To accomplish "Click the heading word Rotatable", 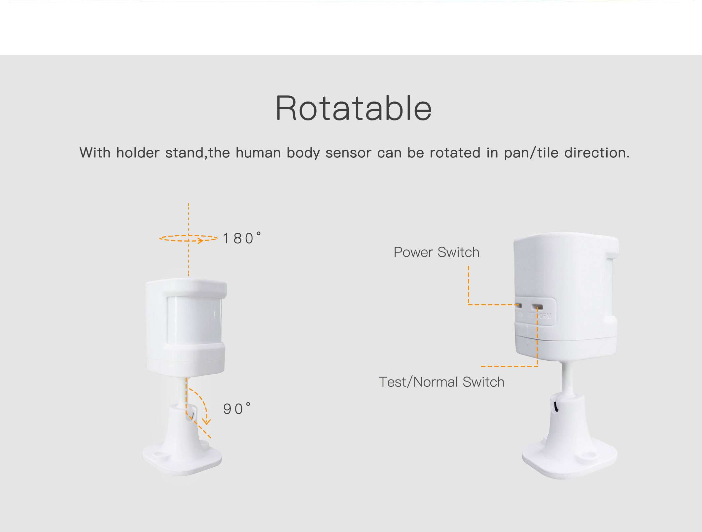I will (x=354, y=108).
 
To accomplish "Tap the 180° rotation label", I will (x=242, y=238).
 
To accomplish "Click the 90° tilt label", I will (x=237, y=409).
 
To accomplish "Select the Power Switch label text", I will (x=436, y=252).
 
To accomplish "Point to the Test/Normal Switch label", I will (x=441, y=382).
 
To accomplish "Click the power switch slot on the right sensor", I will (x=519, y=305).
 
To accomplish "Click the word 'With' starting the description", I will (x=95, y=153).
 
